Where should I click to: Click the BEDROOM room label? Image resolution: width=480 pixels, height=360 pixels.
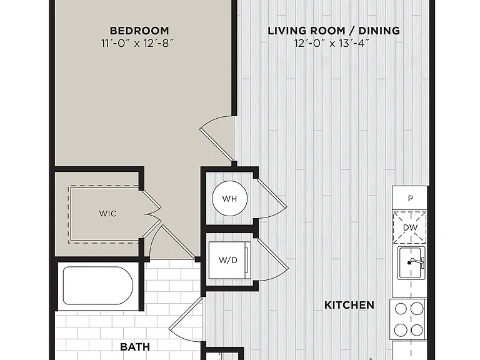(x=139, y=31)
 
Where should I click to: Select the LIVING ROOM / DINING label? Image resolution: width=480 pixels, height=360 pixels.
(x=334, y=31)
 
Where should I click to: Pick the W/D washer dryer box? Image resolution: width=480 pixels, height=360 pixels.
(x=230, y=260)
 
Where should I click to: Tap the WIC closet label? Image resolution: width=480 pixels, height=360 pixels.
(x=107, y=213)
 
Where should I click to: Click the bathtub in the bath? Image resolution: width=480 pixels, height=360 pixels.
(x=98, y=286)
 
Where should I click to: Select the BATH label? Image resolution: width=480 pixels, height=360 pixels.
(x=135, y=347)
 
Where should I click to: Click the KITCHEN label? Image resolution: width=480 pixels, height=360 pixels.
(x=349, y=305)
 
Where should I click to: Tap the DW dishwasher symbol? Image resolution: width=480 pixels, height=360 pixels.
(x=410, y=227)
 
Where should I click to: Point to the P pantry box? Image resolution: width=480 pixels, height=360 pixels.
(x=410, y=198)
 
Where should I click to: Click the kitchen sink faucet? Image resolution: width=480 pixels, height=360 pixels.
(x=416, y=262)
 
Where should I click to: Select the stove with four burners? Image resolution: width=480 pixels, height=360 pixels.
(x=409, y=319)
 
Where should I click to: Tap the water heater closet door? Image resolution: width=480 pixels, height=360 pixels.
(x=271, y=198)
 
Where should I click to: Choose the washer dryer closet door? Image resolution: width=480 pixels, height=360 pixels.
(x=272, y=259)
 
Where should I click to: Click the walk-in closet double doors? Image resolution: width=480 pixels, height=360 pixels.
(x=152, y=213)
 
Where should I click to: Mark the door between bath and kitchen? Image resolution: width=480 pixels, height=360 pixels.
(x=186, y=317)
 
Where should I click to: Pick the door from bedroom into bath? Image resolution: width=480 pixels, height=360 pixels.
(x=171, y=242)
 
